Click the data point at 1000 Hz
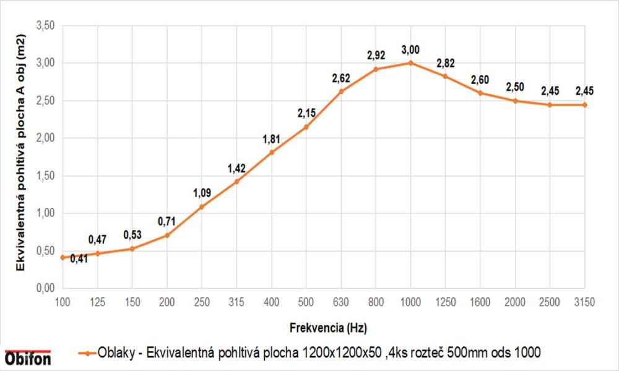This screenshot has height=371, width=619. (410, 63)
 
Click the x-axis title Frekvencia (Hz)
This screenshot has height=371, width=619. (324, 326)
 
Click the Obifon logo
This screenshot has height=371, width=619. (28, 358)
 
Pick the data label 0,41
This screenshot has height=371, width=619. (79, 259)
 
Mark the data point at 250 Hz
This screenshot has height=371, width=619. (202, 207)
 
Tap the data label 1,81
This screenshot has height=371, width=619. (272, 139)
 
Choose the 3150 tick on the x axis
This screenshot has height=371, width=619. (584, 302)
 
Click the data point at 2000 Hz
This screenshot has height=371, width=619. (515, 101)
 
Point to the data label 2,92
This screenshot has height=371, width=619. (376, 56)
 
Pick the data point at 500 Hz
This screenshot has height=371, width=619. (306, 127)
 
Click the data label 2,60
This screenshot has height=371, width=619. (480, 80)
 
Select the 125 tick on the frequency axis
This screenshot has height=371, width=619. (97, 302)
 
